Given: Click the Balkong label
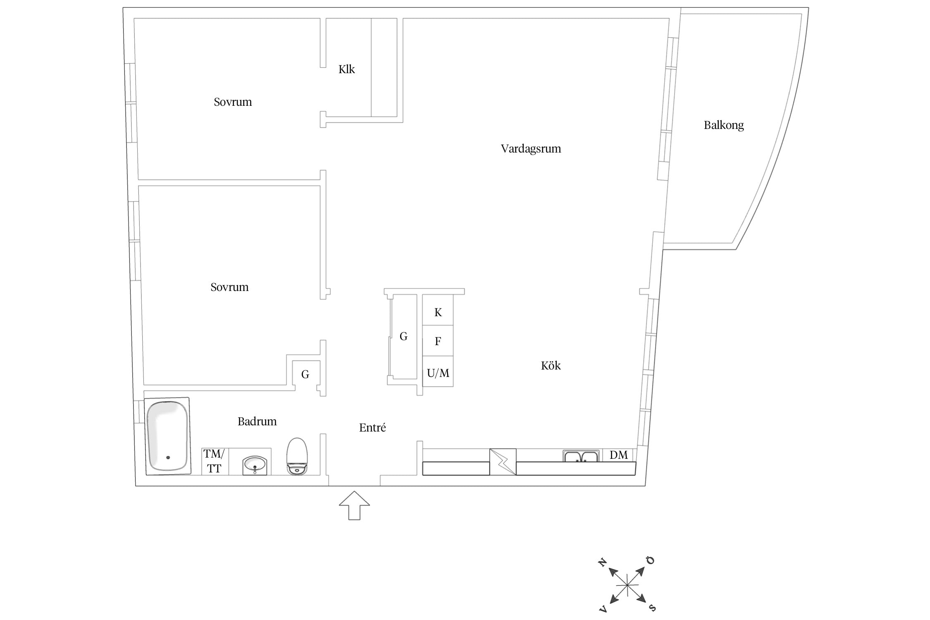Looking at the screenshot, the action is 724,125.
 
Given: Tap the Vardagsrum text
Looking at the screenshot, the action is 531,149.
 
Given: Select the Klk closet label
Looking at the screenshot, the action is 346,69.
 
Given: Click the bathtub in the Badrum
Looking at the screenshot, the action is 168,436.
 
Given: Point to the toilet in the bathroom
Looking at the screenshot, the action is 297,456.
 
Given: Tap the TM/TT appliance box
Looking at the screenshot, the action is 215,461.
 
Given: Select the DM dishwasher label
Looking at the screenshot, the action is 618,455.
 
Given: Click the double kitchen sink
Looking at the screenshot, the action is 581,456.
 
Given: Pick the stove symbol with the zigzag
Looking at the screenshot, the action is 503,462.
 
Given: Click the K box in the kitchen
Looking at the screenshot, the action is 438,310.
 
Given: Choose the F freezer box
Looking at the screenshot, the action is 438,341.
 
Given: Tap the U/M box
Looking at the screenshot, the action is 438,372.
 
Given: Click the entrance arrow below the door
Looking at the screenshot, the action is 354,505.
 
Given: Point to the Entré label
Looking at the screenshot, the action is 372,428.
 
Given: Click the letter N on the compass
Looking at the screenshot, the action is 603,562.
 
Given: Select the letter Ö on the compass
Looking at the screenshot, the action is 651,560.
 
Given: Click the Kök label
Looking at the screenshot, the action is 551,366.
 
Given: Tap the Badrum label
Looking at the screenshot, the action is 257,422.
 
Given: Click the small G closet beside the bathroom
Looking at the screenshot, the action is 305,374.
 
